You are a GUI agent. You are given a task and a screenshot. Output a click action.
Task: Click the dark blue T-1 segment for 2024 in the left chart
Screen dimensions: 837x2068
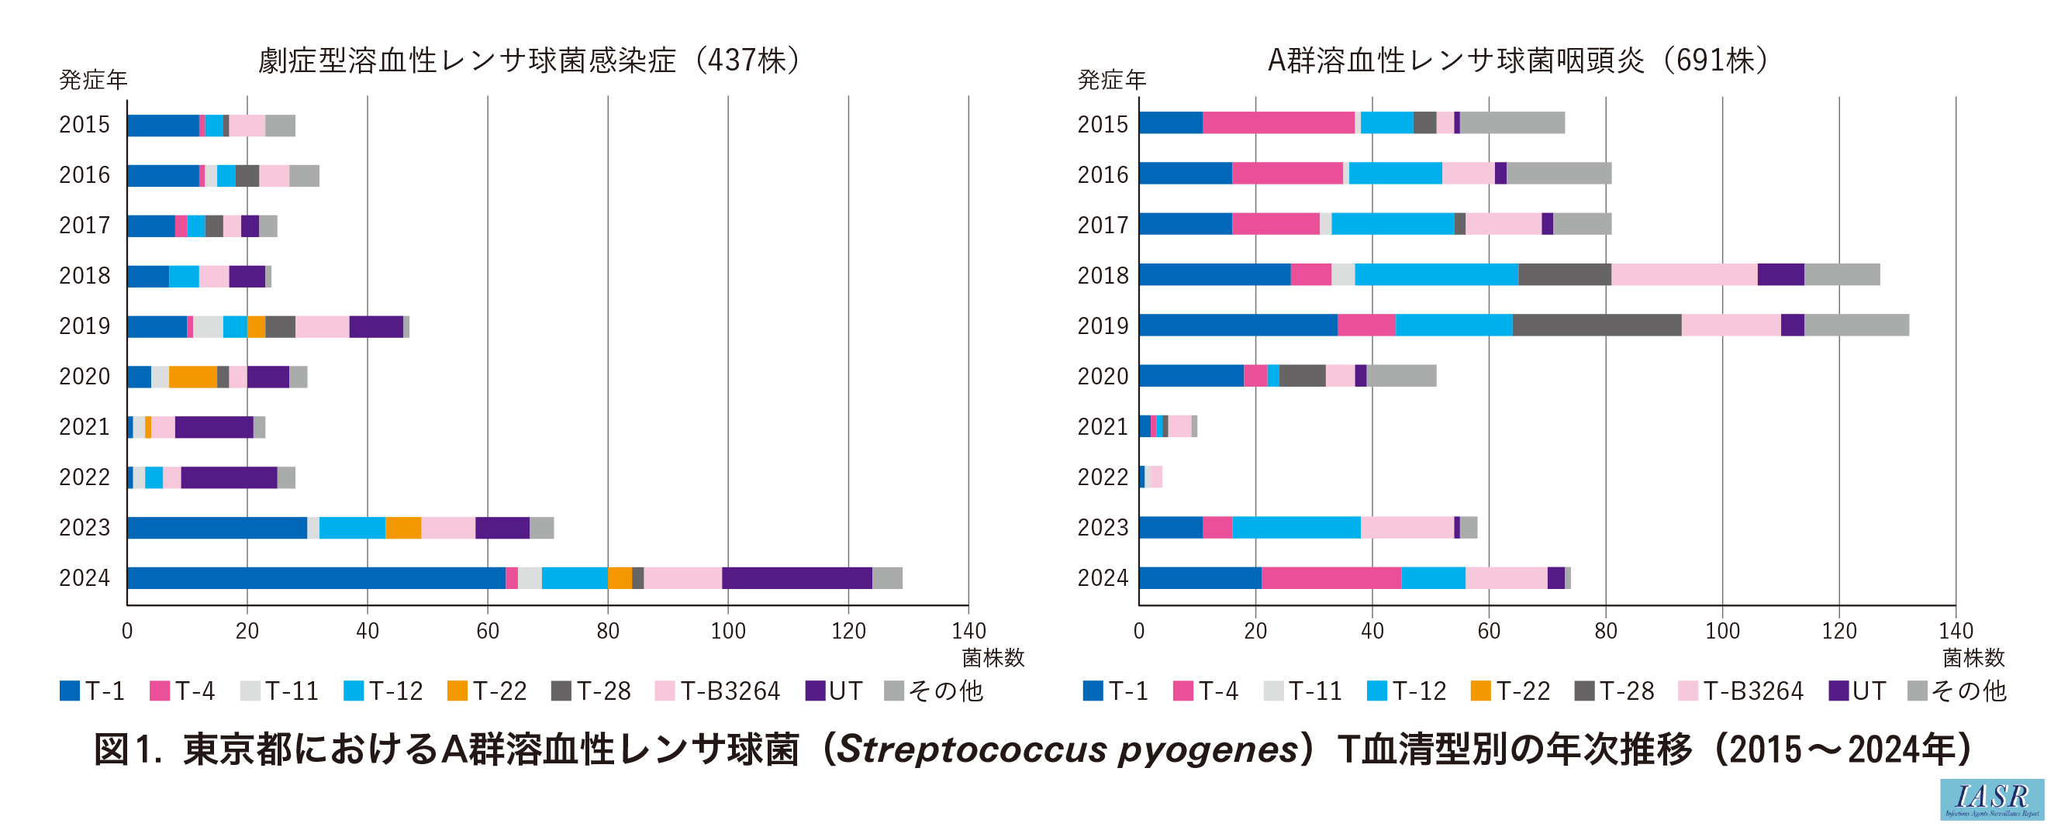[316, 578]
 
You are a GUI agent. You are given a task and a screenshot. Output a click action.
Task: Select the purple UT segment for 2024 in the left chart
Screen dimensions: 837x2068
[796, 578]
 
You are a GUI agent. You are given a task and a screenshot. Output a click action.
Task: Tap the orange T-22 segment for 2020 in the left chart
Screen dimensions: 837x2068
[192, 377]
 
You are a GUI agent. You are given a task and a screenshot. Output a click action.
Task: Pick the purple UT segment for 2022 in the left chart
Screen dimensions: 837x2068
[229, 477]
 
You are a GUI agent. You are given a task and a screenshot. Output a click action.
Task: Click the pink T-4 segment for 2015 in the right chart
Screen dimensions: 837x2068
[1278, 122]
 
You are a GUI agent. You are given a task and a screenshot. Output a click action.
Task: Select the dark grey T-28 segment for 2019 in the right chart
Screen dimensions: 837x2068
[1596, 325]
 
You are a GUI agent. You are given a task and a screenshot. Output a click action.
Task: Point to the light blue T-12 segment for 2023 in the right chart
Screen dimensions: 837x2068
[1296, 527]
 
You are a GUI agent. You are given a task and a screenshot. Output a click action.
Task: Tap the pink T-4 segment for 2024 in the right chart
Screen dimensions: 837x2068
[1331, 578]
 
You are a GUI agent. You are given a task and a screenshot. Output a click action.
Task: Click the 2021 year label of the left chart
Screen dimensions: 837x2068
[85, 427]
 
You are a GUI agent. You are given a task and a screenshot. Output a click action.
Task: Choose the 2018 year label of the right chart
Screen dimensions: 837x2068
[1103, 275]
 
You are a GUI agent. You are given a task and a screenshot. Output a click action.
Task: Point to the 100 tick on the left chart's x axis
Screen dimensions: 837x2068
[727, 631]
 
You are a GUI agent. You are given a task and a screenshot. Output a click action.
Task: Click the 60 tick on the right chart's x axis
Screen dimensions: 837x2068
[1488, 631]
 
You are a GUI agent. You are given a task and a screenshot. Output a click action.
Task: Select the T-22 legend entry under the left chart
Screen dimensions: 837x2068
[487, 691]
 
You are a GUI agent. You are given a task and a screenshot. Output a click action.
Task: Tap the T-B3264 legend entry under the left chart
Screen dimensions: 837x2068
[718, 691]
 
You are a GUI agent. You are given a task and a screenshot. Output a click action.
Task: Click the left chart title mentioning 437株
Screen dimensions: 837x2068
[530, 60]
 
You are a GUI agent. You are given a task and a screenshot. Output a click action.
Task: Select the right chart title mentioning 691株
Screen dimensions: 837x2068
[1517, 60]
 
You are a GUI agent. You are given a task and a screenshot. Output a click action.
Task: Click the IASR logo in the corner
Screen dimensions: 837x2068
[1992, 799]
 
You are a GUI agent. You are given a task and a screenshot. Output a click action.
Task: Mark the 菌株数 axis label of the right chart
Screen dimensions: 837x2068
[1973, 658]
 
